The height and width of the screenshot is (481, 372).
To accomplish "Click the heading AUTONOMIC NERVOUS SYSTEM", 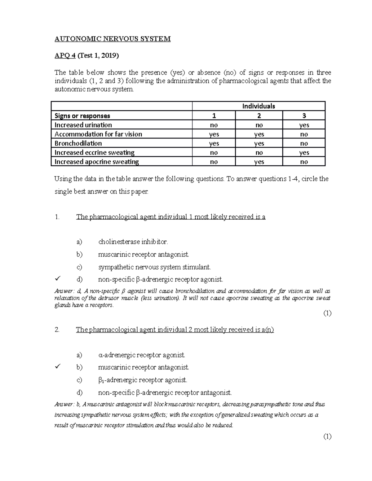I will pos(113,39).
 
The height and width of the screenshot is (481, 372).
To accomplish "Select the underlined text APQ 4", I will pos(65,56).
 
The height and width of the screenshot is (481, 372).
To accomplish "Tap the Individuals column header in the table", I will pos(259,106).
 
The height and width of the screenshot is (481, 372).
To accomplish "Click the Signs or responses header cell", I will pos(82,116).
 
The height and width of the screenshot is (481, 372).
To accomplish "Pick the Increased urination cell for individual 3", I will pos(304,125).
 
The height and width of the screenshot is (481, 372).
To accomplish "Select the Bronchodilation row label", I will pos(78,143).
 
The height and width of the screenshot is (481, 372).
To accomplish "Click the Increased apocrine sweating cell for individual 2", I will pos(259,162).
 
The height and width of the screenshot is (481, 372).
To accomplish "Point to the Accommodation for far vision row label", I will pos(98,134).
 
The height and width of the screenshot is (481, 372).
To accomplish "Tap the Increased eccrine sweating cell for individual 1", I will pos(214,153).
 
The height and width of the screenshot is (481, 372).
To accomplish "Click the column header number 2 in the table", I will pos(259,116).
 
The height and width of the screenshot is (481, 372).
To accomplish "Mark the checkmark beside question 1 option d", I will pos(57,279).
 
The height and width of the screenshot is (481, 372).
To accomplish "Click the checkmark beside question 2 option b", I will pos(57,367).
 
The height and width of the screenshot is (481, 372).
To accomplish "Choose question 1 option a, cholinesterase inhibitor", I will pos(133,242).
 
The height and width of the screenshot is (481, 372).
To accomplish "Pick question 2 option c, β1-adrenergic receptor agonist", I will pos(143,380).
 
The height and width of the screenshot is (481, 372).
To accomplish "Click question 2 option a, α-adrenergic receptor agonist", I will pos(141,355).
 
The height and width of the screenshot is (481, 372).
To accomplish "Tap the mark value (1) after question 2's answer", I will pos(327,437).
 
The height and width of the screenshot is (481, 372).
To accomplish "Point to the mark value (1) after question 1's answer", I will pos(327,313).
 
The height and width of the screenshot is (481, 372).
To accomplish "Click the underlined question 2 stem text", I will pos(175,330).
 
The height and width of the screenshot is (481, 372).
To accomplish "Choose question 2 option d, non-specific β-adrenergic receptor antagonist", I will pos(165,393).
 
